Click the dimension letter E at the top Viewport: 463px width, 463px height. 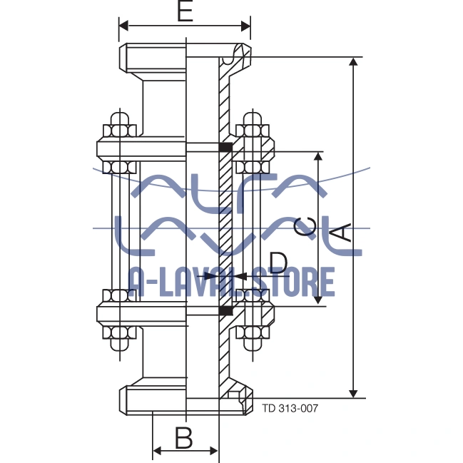[x=185, y=11]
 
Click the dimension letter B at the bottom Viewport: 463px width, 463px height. [x=183, y=437]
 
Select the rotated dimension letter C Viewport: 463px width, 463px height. [x=306, y=227]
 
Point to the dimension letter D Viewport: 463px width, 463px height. [x=278, y=263]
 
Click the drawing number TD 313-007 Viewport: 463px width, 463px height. [x=290, y=408]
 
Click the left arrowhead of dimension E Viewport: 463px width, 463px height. [x=123, y=26]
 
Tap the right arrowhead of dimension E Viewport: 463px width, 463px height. [x=245, y=26]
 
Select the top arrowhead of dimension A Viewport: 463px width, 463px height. [x=353, y=61]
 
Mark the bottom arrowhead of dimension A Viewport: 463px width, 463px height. [x=353, y=394]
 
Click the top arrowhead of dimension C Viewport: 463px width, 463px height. [x=318, y=156]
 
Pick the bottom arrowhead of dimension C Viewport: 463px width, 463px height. [x=318, y=300]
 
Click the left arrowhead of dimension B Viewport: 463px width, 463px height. [x=157, y=451]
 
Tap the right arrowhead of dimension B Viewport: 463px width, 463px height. [x=214, y=451]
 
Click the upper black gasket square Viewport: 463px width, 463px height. [x=226, y=147]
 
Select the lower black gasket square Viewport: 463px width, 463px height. [x=226, y=310]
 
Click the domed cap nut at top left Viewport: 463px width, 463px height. [x=120, y=119]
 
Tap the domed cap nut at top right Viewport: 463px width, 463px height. [x=253, y=119]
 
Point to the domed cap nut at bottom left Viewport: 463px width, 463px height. [x=120, y=345]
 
